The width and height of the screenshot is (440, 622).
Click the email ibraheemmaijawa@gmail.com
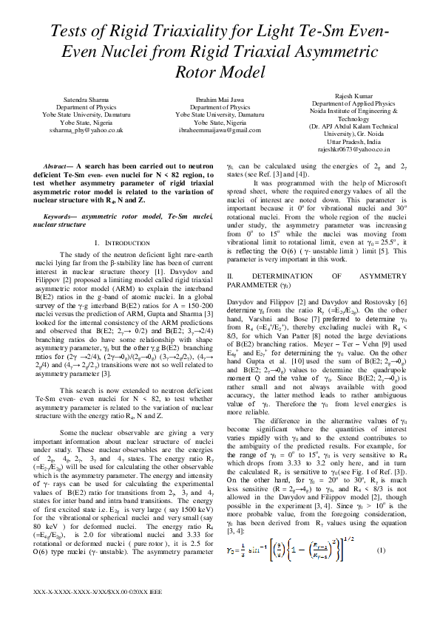coord(220,129)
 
